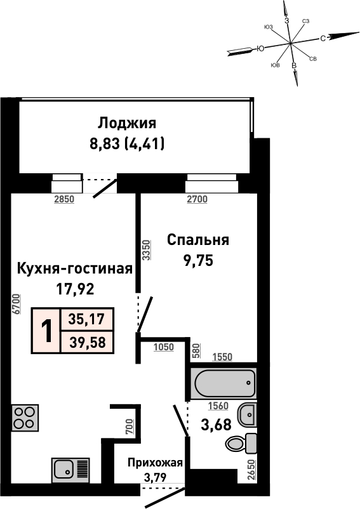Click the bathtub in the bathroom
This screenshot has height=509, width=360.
coord(223,384)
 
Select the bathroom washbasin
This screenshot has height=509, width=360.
coord(247,415)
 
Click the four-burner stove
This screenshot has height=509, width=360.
coord(25,418)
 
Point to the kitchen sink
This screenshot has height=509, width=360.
coord(70,470)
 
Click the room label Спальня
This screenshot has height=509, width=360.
coord(198,240)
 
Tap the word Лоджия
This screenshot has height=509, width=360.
coord(127,123)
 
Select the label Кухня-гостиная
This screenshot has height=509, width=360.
coord(75,269)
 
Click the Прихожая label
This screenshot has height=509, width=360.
coord(155,463)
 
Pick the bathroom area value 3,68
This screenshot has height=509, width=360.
coord(216,425)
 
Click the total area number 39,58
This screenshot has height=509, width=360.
coord(88,342)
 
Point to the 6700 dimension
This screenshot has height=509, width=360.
coord(17,304)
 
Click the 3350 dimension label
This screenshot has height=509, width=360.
coord(147,250)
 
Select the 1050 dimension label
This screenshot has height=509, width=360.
coord(164,347)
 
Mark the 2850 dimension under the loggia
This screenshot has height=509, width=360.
coord(64,199)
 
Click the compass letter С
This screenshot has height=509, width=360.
coord(323,39)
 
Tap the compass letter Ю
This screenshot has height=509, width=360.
coord(260,49)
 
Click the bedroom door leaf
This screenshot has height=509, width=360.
coord(145,314)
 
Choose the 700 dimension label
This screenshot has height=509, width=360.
coord(129,427)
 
